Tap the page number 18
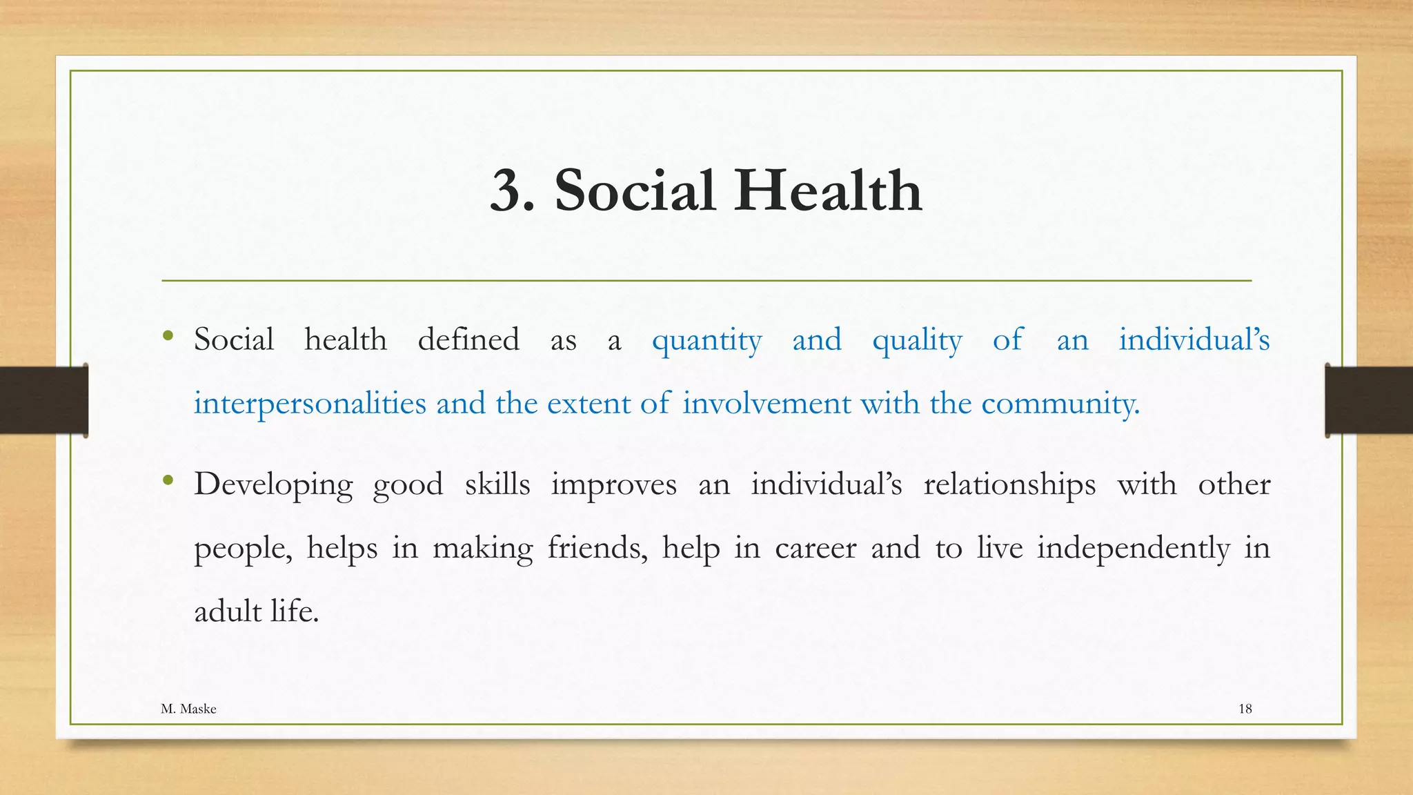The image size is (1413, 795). [1245, 709]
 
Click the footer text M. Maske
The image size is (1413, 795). [188, 709]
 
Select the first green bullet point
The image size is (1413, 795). [168, 336]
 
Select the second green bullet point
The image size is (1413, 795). [168, 480]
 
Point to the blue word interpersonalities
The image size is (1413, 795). [310, 404]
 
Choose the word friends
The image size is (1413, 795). [597, 548]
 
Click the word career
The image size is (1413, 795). [815, 548]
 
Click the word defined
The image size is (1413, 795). [468, 340]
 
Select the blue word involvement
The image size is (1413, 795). [767, 404]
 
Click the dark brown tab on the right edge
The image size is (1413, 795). [1369, 400]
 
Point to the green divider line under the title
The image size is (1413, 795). [706, 281]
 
